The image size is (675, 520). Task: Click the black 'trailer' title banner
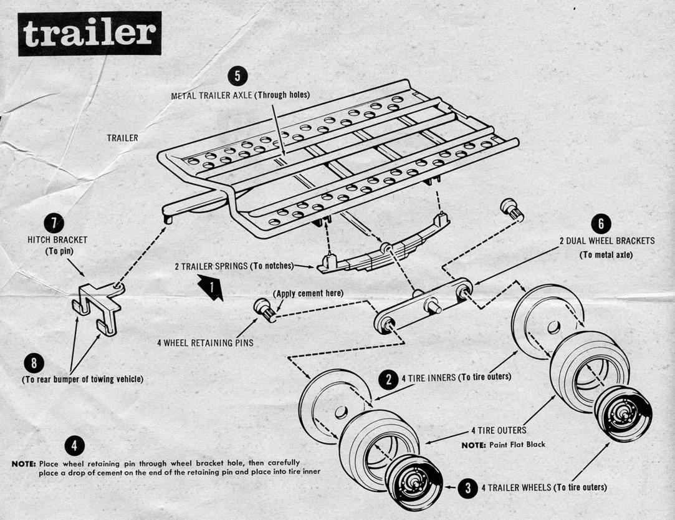(x=89, y=34)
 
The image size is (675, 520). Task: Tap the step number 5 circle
(x=237, y=77)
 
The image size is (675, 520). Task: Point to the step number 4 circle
(x=74, y=445)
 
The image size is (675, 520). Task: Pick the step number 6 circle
(x=601, y=224)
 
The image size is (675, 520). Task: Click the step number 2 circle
(x=388, y=378)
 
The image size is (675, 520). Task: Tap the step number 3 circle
(x=467, y=488)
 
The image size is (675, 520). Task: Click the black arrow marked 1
(x=211, y=289)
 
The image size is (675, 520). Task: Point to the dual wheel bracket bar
(x=424, y=305)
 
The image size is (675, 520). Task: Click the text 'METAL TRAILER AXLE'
(x=212, y=95)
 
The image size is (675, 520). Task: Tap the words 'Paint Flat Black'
(x=516, y=445)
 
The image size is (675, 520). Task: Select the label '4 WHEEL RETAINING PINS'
(x=205, y=343)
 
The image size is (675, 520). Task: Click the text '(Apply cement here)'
(x=308, y=293)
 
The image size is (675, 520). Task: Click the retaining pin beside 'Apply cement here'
(x=264, y=309)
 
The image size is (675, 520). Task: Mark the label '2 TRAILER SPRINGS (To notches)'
(x=233, y=266)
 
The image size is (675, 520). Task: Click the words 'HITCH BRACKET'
(x=57, y=239)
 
